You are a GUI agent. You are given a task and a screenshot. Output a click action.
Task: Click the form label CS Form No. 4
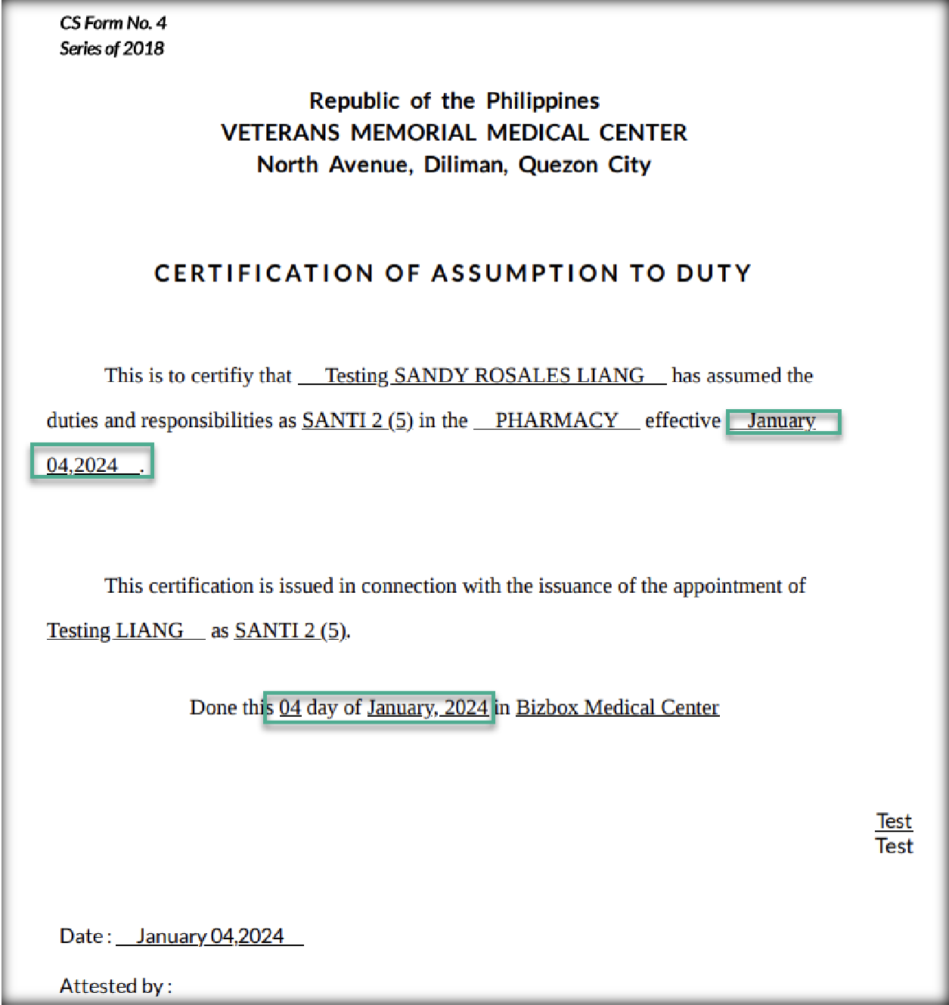pos(113,23)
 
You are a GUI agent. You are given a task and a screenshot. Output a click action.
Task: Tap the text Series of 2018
pos(112,48)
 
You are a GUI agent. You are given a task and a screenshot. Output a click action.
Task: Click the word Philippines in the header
pos(542,101)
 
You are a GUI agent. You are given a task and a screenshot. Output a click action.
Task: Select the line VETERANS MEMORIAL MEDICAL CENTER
pos(454,132)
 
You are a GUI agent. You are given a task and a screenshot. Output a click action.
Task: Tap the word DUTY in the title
pos(713,273)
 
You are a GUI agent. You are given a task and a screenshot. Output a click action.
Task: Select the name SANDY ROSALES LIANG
pos(519,376)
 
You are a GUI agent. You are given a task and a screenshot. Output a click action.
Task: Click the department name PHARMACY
pos(557,420)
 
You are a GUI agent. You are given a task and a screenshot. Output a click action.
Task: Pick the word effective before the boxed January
pos(683,420)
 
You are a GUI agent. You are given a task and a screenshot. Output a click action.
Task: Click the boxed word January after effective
pos(782,420)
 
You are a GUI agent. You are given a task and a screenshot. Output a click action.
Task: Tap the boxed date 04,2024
pos(82,465)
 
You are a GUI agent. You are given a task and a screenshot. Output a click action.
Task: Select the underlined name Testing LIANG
pos(116,631)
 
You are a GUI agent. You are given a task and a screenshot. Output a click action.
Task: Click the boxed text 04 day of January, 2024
pos(383,708)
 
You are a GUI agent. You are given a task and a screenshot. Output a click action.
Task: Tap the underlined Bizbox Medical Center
pos(617,708)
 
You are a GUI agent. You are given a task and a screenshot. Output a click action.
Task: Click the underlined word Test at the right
pos(894,821)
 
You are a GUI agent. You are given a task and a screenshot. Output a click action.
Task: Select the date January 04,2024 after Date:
pos(210,936)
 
